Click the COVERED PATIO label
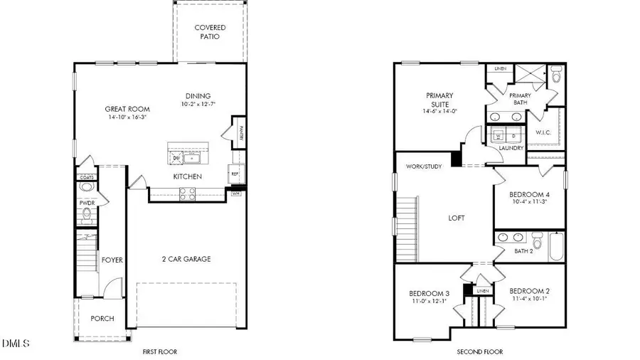pyautogui.click(x=210, y=32)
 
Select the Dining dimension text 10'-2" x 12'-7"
pyautogui.click(x=198, y=105)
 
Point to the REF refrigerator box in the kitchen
pyautogui.click(x=234, y=173)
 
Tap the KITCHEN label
pyautogui.click(x=188, y=176)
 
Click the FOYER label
pyautogui.click(x=112, y=260)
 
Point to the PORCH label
pyautogui.click(x=102, y=318)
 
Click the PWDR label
pyautogui.click(x=87, y=202)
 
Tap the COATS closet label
pyautogui.click(x=86, y=178)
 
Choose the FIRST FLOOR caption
pyautogui.click(x=159, y=351)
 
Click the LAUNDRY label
pyautogui.click(x=511, y=148)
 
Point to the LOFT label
pyautogui.click(x=456, y=218)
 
